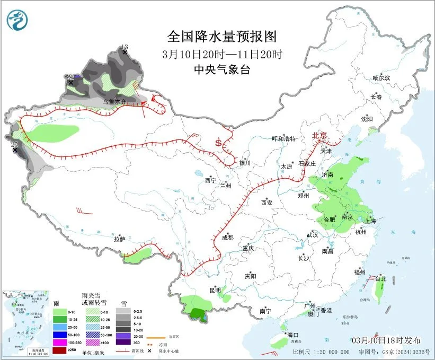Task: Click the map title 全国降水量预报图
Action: click(222, 37)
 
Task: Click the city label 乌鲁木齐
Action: click(114, 101)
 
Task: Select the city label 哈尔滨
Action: click(381, 78)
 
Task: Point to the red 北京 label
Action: click(321, 135)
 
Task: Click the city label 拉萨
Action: click(119, 239)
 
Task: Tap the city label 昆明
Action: click(215, 289)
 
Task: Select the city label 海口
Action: click(293, 335)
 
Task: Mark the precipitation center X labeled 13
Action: click(125, 52)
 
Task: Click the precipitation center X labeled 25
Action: click(15, 150)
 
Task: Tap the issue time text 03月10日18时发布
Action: click(385, 339)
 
